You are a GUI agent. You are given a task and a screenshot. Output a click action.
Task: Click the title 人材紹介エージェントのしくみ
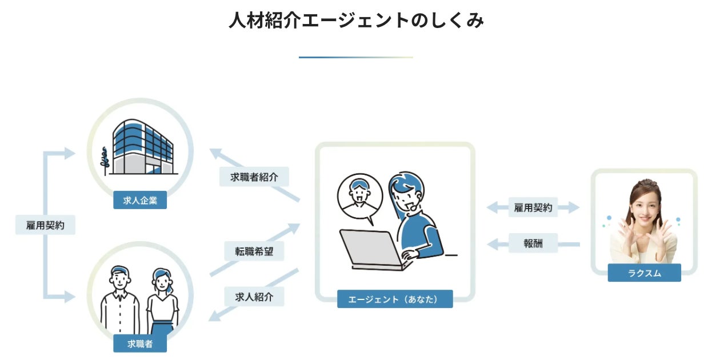click(x=357, y=21)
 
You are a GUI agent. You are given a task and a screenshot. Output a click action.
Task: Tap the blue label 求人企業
click(x=140, y=200)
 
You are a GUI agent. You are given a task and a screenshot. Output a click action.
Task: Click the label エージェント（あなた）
click(x=395, y=299)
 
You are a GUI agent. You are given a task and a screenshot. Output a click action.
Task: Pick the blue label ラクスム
click(x=644, y=273)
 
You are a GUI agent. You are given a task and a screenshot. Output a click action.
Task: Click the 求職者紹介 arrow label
click(x=254, y=177)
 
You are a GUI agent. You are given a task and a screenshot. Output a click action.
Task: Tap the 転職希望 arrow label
click(x=254, y=251)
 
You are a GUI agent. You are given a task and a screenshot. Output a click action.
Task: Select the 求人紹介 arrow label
click(x=254, y=297)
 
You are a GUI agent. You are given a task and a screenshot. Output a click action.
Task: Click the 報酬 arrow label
click(x=533, y=243)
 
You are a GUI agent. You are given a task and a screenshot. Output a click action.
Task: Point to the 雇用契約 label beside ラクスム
click(x=533, y=208)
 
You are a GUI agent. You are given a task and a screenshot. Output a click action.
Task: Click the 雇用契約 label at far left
click(x=46, y=225)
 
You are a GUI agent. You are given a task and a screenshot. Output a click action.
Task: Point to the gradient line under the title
click(x=355, y=57)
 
